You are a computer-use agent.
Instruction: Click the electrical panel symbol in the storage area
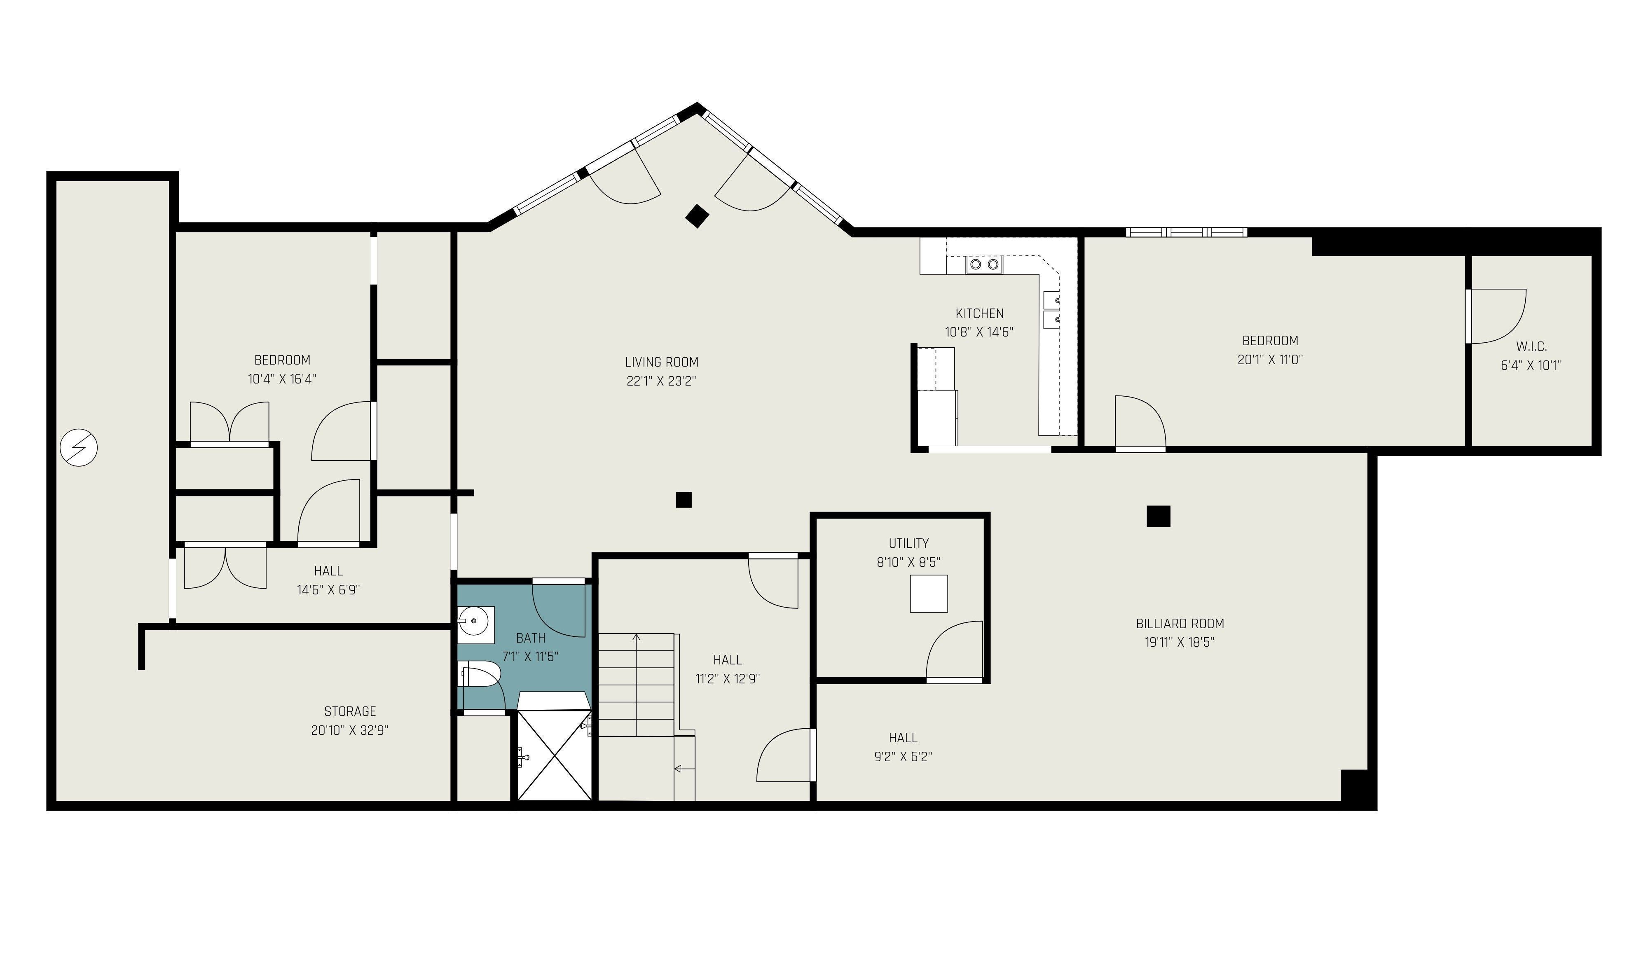[78, 448]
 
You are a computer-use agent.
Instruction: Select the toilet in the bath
[482, 674]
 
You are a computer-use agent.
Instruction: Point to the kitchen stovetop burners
[984, 264]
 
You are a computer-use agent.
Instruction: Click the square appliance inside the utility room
[929, 594]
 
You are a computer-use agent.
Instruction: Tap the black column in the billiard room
[1158, 516]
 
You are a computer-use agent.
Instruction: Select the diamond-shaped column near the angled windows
[697, 216]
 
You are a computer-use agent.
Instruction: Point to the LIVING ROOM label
[661, 362]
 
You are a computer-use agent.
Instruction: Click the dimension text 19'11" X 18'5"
[1180, 642]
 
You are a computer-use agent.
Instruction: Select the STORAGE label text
[350, 711]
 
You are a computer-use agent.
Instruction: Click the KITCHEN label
[979, 313]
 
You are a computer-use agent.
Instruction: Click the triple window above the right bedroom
[1186, 232]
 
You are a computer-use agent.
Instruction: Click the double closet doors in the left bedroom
[229, 422]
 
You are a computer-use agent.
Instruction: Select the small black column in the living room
[684, 500]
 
